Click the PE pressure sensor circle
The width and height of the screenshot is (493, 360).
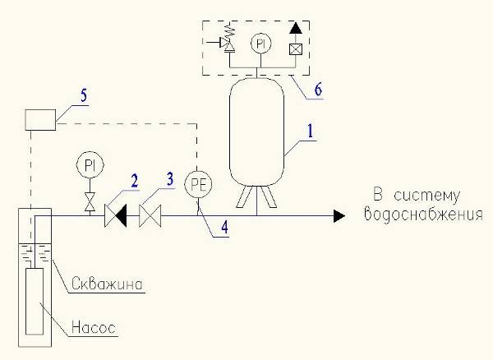198,185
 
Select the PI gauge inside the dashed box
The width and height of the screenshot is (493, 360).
260,44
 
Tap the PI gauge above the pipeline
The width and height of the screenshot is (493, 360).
90,164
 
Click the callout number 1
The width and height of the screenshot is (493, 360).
311,131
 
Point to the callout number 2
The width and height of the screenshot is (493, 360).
134,182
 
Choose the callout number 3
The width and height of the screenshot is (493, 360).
170,179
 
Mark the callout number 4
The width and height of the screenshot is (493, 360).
224,228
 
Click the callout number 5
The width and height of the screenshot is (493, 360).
84,95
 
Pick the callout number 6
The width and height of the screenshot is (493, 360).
318,90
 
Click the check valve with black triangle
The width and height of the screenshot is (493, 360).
115,215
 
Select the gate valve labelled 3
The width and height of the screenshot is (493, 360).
150,215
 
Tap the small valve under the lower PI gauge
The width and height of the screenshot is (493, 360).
90,202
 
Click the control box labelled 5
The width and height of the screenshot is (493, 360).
40,120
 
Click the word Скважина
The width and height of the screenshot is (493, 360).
107,284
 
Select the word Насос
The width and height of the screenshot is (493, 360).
94,327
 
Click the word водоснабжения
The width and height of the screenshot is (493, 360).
423,215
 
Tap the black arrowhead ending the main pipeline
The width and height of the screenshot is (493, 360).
339,216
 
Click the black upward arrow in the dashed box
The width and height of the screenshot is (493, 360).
296,28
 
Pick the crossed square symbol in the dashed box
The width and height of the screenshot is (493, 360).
296,49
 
